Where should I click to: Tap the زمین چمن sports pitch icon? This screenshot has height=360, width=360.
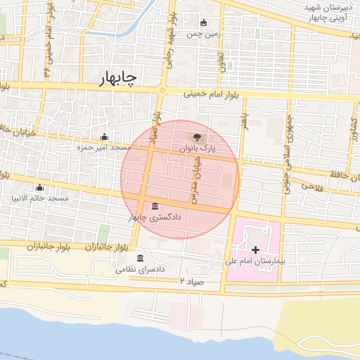point(204,22)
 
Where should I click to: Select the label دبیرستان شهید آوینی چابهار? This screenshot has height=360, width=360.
point(326,12)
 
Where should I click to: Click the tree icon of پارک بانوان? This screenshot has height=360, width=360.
point(195,137)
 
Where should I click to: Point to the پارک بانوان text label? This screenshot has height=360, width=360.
point(195,149)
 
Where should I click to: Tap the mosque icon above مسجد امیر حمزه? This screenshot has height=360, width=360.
point(105,137)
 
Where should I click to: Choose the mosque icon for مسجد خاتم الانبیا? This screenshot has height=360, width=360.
point(39,188)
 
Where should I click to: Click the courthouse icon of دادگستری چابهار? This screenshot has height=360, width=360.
point(154,206)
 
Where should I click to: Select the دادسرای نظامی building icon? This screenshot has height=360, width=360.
point(141,258)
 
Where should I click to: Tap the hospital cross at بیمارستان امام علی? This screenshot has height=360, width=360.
point(255,250)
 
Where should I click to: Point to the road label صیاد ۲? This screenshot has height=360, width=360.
point(191,281)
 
